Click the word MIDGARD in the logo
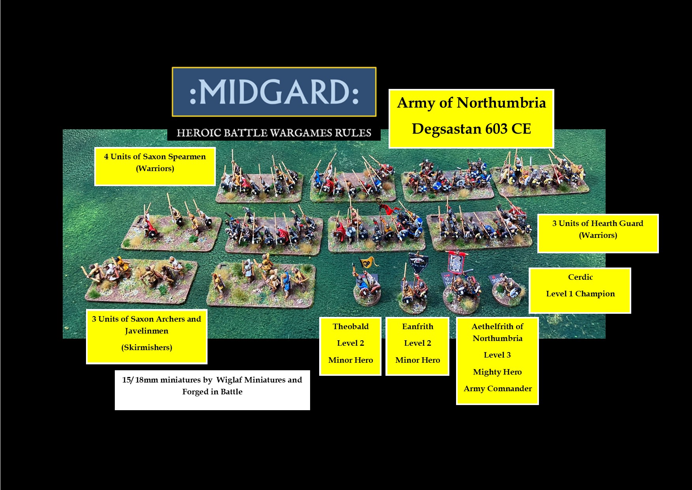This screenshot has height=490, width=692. coord(274,92)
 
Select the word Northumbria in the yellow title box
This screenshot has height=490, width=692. coord(501,103)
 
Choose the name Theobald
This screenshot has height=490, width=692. coord(350,326)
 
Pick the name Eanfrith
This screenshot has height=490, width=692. coord(417,326)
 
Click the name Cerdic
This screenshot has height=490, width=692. coord(580,277)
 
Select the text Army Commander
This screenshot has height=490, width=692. coord(497,388)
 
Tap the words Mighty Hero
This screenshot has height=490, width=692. coord(497,372)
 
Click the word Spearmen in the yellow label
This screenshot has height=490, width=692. coord(187,156)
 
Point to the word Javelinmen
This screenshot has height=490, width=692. coord(146,331)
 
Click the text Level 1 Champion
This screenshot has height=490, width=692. coord(580,294)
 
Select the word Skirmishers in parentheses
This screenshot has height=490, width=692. coord(146,347)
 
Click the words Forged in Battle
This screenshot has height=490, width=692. coord(212,392)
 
